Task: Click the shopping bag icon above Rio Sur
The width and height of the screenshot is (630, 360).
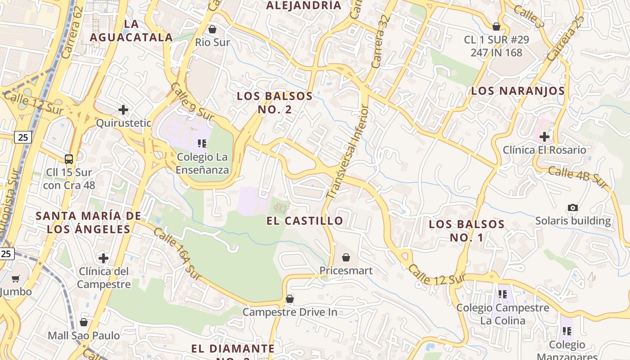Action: pyautogui.click(x=212, y=29)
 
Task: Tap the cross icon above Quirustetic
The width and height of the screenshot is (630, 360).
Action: pyautogui.click(x=123, y=109)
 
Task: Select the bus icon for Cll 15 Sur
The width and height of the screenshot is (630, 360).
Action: pyautogui.click(x=69, y=159)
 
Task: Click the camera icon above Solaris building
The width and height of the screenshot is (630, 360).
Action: pyautogui.click(x=572, y=207)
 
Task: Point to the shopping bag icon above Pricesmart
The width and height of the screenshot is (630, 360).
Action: pyautogui.click(x=346, y=257)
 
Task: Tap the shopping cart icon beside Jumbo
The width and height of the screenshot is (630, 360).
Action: pyautogui.click(x=16, y=279)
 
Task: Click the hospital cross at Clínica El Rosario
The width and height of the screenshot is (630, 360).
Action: pyautogui.click(x=544, y=136)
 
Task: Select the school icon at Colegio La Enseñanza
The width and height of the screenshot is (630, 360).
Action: pyautogui.click(x=202, y=144)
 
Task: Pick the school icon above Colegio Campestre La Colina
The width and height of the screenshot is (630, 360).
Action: pyautogui.click(x=503, y=294)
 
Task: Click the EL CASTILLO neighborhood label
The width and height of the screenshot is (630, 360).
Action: pyautogui.click(x=305, y=221)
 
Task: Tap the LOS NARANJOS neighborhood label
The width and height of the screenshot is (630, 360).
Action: pyautogui.click(x=517, y=91)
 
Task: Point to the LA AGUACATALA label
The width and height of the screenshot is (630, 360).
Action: pyautogui.click(x=131, y=30)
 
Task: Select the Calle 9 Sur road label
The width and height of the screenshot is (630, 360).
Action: pyautogui.click(x=192, y=101)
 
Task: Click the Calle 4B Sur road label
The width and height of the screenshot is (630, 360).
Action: pyautogui.click(x=577, y=178)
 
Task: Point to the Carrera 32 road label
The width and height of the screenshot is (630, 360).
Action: pyautogui.click(x=379, y=43)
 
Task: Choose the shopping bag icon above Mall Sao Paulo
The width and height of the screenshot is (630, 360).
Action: pyautogui.click(x=84, y=322)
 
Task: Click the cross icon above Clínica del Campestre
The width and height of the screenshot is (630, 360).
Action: pyautogui.click(x=103, y=258)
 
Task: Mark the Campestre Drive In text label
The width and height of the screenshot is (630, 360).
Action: pyautogui.click(x=290, y=312)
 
